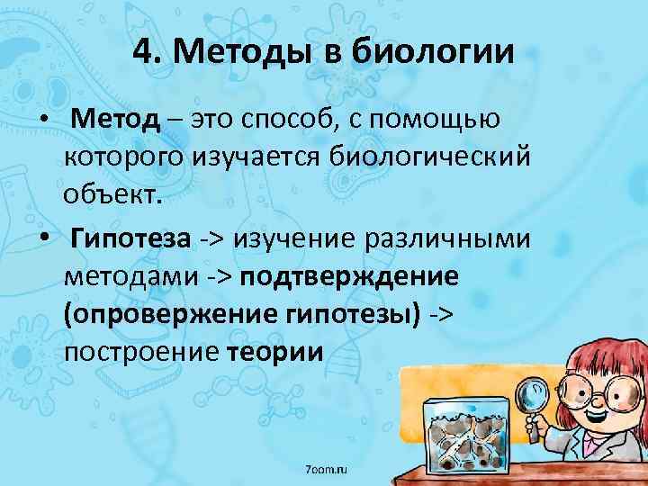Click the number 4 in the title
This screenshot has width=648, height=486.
pos(142,52)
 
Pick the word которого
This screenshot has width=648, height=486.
pos(122,158)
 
